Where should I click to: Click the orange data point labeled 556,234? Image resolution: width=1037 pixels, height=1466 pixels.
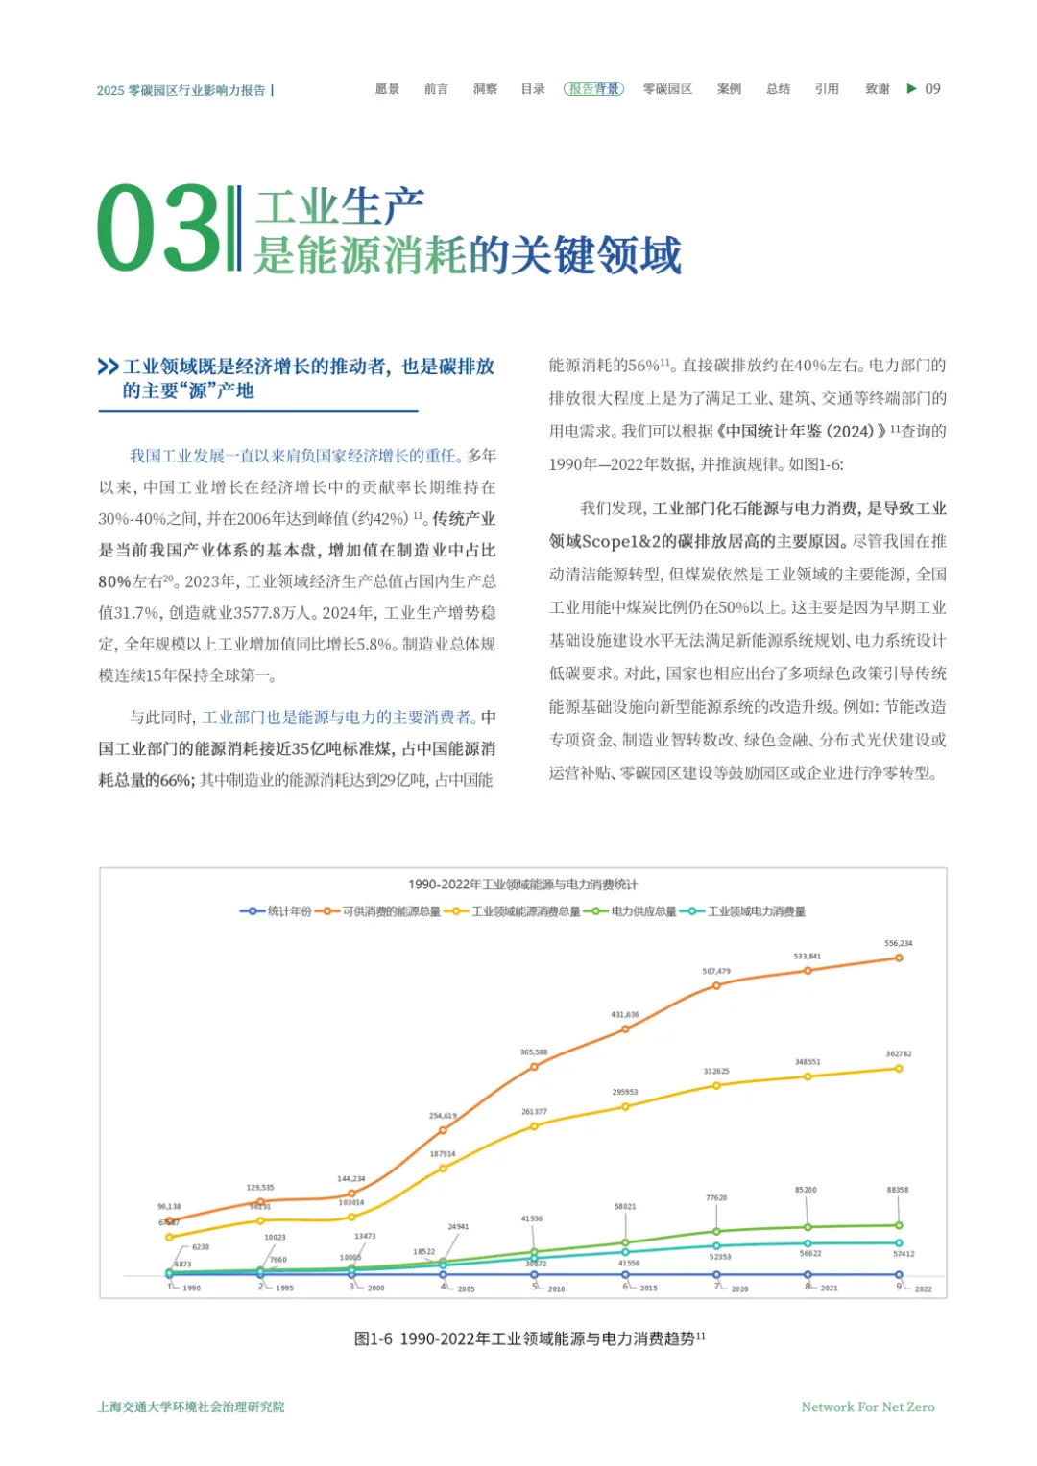pyautogui.click(x=899, y=958)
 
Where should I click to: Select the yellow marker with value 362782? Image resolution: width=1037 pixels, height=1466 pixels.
pyautogui.click(x=899, y=1068)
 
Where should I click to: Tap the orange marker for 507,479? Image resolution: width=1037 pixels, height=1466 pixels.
pyautogui.click(x=716, y=985)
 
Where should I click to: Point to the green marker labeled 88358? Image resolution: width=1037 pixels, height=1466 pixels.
pyautogui.click(x=899, y=1225)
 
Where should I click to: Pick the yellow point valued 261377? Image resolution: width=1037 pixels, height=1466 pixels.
pyautogui.click(x=534, y=1126)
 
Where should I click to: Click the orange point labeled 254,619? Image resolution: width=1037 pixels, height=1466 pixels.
pyautogui.click(x=443, y=1130)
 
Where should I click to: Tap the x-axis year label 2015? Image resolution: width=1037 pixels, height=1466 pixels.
pyautogui.click(x=648, y=1289)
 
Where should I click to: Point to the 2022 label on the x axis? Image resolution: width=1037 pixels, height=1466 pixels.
pyautogui.click(x=923, y=1289)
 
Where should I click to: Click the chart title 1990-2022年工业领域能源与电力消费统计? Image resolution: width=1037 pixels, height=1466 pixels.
pyautogui.click(x=522, y=885)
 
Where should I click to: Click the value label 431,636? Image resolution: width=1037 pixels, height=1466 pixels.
pyautogui.click(x=624, y=1014)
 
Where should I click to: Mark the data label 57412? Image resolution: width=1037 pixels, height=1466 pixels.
pyautogui.click(x=904, y=1254)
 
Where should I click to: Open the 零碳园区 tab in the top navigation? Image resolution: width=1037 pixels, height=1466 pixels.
pyautogui.click(x=667, y=89)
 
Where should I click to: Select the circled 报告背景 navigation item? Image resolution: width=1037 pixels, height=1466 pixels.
pyautogui.click(x=593, y=89)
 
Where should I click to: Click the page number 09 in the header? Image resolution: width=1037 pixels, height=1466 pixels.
pyautogui.click(x=932, y=89)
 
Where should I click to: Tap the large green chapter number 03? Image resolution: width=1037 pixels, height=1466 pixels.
pyautogui.click(x=157, y=228)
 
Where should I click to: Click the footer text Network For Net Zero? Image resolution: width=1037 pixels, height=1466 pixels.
pyautogui.click(x=867, y=1407)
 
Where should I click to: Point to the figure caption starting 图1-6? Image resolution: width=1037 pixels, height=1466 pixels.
pyautogui.click(x=529, y=1338)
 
